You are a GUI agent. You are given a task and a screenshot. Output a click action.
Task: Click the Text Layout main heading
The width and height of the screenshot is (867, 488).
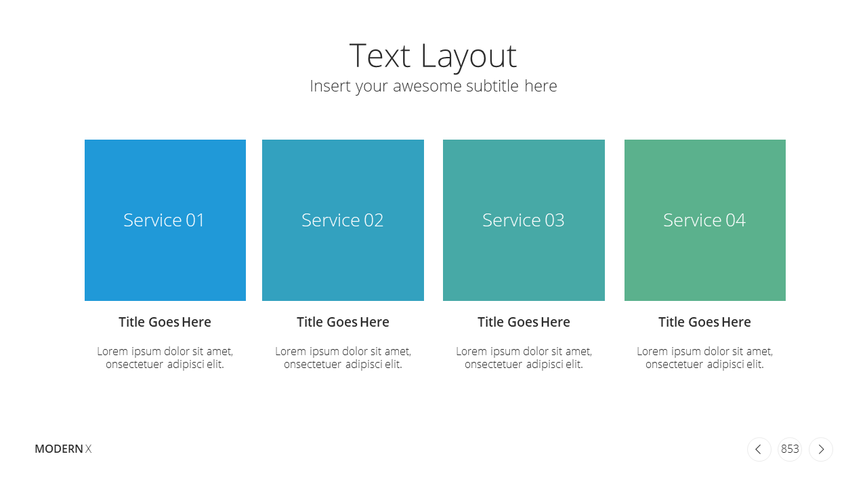tap(433, 56)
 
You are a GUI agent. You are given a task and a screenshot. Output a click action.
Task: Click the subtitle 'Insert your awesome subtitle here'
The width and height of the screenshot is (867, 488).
tap(433, 86)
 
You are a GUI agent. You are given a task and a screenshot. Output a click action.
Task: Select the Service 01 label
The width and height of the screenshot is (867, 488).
tap(164, 220)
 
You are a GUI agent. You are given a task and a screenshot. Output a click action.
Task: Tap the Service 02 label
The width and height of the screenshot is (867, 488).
tap(342, 220)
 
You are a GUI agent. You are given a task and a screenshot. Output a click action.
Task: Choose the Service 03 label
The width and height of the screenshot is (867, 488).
tap(524, 220)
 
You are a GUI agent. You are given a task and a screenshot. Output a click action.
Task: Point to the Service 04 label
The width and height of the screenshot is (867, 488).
tap(704, 220)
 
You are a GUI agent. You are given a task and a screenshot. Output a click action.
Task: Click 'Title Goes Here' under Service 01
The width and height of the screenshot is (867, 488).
tap(165, 322)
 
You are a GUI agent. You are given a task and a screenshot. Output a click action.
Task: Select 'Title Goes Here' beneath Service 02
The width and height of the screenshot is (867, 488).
tap(343, 322)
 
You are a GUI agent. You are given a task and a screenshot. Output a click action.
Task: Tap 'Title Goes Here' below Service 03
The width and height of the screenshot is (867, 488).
tap(524, 322)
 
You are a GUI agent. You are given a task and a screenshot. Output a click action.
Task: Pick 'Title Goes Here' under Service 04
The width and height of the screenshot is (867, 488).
tap(705, 322)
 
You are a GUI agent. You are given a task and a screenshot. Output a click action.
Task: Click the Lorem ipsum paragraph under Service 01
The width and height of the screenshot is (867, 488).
tap(165, 358)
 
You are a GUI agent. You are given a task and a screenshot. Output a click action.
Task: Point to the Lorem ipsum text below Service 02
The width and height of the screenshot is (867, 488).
tap(343, 358)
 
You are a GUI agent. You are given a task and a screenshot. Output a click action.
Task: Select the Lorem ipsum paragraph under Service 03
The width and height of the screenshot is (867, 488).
tap(524, 358)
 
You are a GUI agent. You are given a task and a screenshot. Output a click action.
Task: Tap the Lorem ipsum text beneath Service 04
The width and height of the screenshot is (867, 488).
tap(705, 358)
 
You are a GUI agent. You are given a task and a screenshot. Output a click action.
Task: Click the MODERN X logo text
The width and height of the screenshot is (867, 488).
tap(63, 449)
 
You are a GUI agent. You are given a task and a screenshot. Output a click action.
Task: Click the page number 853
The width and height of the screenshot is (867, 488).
tap(790, 449)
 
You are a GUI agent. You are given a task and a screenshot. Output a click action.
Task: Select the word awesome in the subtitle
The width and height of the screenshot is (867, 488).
tap(427, 86)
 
